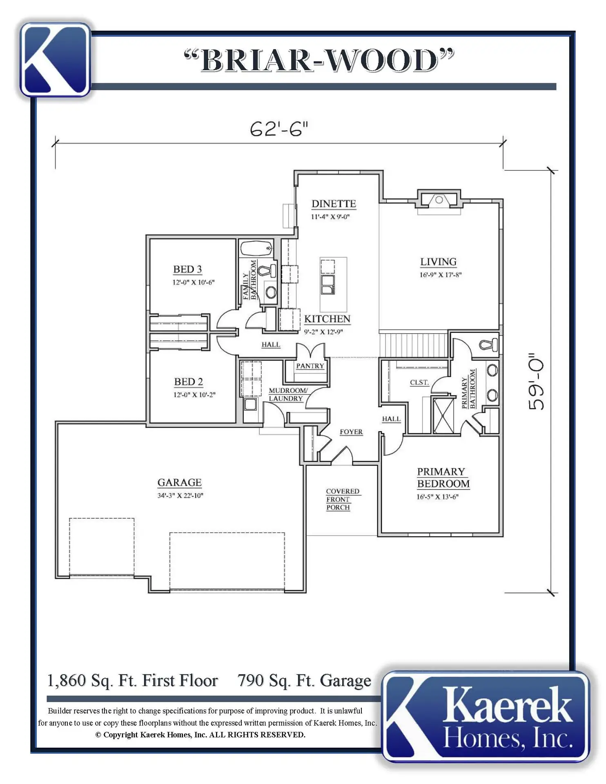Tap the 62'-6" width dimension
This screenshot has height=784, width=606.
pos(279,129)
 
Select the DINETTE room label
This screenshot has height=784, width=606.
pos(334,204)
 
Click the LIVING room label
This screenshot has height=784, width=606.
pos(439,262)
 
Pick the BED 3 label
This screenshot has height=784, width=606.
pos(187,269)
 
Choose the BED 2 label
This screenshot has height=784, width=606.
pos(188,382)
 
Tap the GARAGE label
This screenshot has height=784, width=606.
pos(180,483)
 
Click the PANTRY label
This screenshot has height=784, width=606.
pos(310,366)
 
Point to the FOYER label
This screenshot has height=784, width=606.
pos(351,432)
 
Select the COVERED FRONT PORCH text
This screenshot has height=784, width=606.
pos(343,499)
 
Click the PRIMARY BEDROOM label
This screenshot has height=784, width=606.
pos(443,478)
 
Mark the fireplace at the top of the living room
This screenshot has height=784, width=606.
pos(439,200)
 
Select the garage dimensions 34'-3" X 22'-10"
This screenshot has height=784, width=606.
pos(180,496)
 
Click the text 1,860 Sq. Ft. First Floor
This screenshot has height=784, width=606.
pos(133,681)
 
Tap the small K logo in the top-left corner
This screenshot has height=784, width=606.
pos(55,60)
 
